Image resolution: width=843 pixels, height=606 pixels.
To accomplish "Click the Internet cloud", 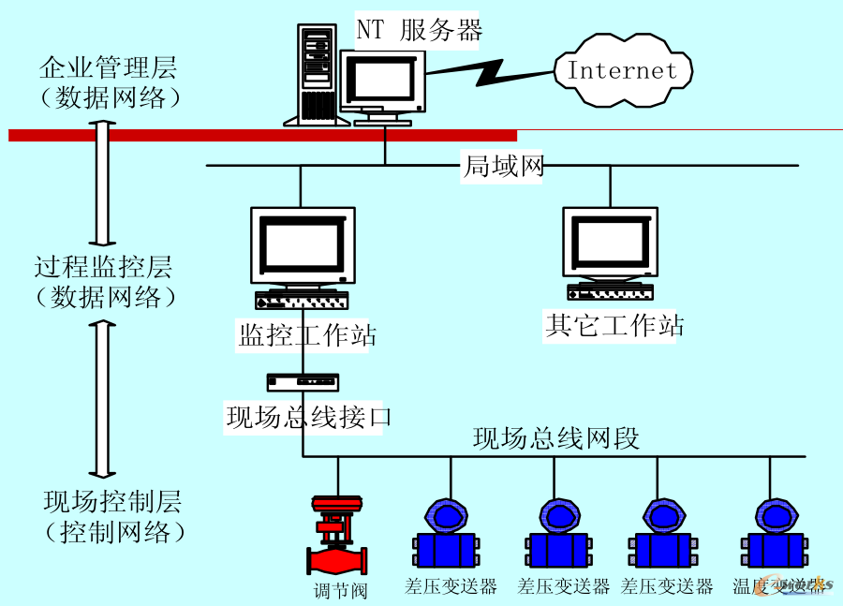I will point(622,70).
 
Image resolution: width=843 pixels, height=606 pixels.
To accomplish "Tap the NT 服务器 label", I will point(419,30).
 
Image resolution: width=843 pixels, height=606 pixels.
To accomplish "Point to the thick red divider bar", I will point(262,135).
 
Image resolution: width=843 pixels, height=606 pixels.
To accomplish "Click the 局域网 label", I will point(503,167).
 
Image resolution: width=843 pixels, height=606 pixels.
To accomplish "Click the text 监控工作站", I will point(307,335).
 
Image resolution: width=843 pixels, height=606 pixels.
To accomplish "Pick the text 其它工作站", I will point(614,326).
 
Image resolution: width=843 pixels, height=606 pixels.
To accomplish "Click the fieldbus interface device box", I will point(303,382).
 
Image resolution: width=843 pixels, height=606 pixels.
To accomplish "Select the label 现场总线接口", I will point(307,417).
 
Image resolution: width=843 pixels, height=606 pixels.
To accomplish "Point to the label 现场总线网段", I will point(555,438).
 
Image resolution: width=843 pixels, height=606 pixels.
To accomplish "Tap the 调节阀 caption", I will point(340,590).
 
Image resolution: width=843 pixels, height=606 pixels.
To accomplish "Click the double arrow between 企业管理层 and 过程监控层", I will point(103,183).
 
